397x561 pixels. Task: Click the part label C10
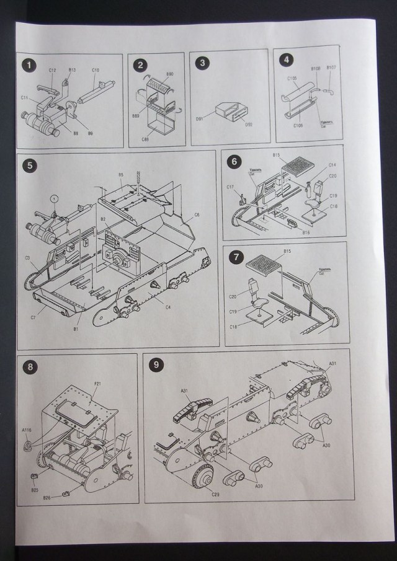(96, 70)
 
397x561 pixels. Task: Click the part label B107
(331, 67)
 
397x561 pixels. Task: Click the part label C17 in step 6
(230, 186)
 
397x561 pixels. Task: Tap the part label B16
(306, 232)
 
